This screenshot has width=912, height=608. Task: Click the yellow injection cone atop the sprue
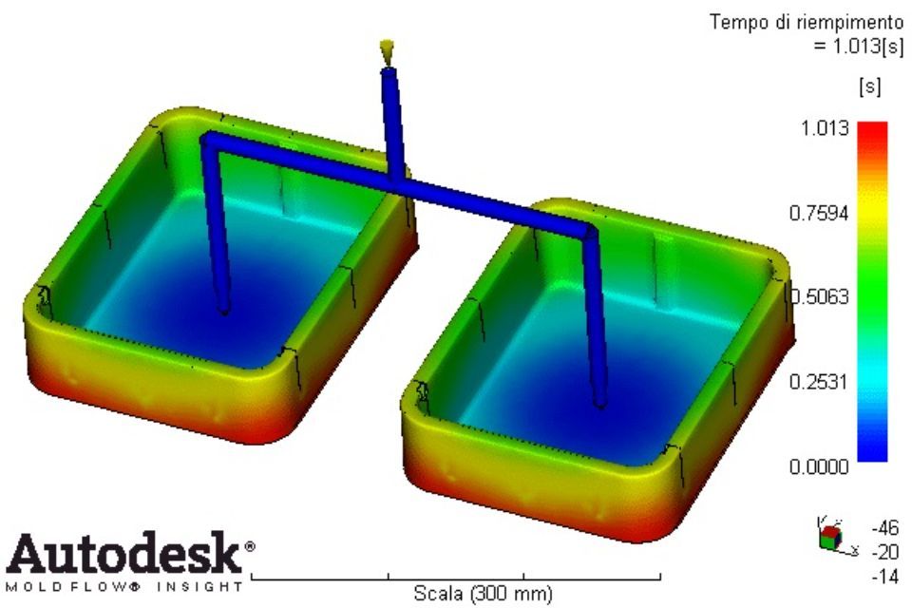(x=387, y=50)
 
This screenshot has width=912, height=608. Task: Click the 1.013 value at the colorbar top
(x=825, y=128)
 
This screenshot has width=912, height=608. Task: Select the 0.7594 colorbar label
(x=819, y=213)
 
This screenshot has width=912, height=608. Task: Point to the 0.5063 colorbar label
(x=820, y=296)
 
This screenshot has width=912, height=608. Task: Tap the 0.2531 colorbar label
(x=819, y=382)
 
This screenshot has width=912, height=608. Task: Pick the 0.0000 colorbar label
(x=819, y=466)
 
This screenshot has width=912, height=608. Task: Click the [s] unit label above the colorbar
(x=869, y=87)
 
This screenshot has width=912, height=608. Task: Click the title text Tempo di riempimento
(x=807, y=23)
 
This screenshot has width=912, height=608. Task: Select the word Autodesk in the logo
(x=123, y=552)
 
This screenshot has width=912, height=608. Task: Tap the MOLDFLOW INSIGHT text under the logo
(x=123, y=586)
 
